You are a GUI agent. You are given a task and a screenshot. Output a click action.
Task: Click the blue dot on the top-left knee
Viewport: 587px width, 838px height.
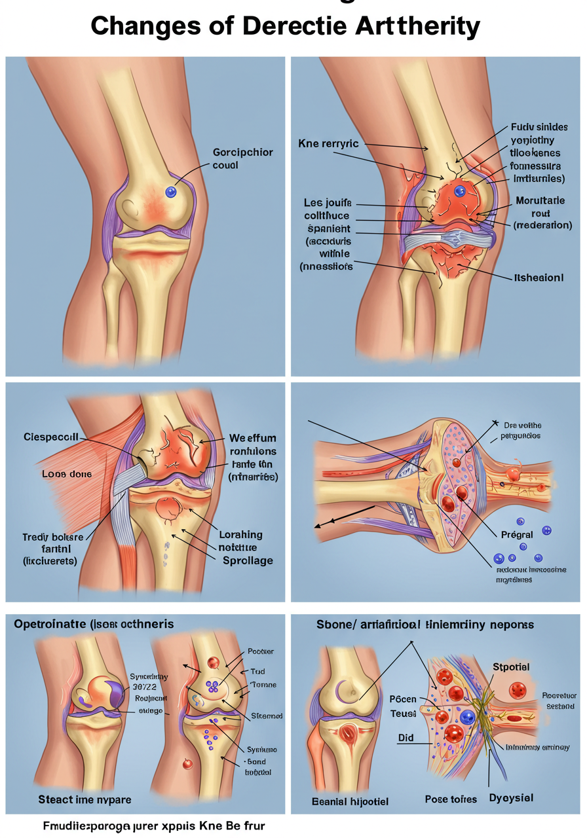coord(171,192)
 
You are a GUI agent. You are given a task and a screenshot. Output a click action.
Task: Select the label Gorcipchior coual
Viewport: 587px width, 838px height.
coord(243,158)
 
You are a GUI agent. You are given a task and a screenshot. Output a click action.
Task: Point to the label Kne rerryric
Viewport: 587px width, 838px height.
coord(328,143)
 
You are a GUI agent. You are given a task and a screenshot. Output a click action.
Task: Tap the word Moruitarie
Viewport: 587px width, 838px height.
coord(541,202)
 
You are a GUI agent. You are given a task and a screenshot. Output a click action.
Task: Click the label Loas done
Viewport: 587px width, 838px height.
coord(48,473)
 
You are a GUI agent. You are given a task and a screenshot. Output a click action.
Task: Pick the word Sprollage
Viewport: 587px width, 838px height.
coord(248,560)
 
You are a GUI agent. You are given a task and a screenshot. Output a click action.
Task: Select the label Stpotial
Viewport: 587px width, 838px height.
coord(511,666)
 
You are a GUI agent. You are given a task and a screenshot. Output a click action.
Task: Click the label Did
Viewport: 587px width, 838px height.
coord(406,737)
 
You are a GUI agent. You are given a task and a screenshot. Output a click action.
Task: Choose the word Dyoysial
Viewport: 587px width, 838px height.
coord(511,798)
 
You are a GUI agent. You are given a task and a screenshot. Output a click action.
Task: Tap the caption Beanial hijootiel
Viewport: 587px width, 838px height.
coord(350,801)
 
